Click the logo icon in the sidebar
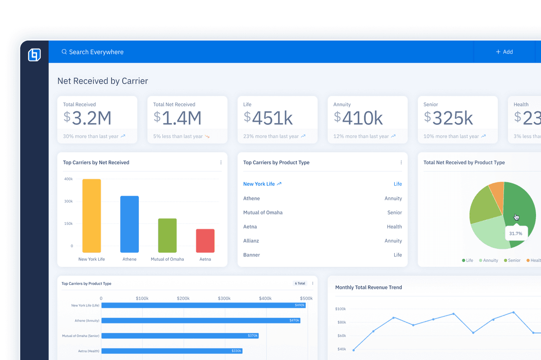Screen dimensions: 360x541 [x=34, y=55]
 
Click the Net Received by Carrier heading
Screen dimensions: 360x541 [x=103, y=81]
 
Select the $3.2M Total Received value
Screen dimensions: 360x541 [x=88, y=118]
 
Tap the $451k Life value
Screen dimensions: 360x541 [x=268, y=118]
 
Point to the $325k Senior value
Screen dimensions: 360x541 [x=448, y=118]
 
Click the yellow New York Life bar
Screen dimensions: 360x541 [x=92, y=215]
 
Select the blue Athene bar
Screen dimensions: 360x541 [x=130, y=224]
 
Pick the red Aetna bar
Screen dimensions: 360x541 [x=205, y=241]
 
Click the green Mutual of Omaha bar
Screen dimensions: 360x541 [x=167, y=235]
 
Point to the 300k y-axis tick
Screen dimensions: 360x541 [x=68, y=201]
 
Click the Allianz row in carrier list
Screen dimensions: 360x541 [x=251, y=241]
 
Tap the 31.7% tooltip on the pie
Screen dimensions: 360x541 [x=515, y=233]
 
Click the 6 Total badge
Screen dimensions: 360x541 [x=300, y=283]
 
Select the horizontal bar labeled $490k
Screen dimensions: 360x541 [x=203, y=305]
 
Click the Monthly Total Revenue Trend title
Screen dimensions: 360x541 [x=368, y=287]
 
